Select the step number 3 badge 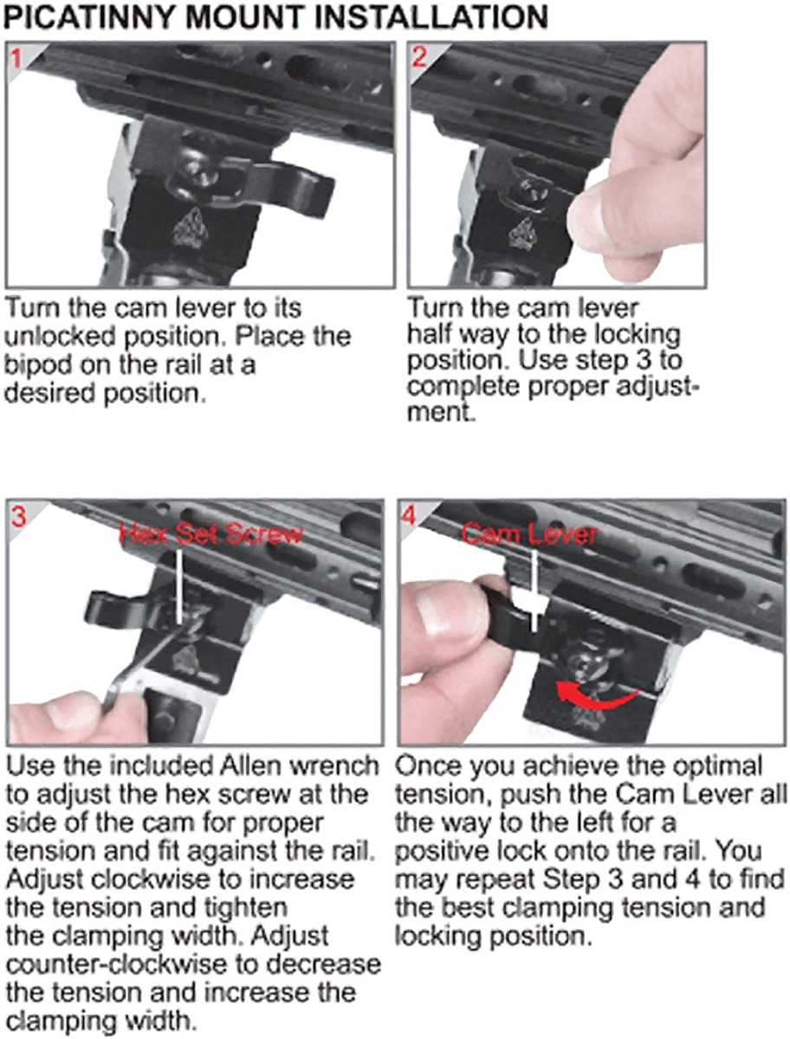pyautogui.click(x=16, y=517)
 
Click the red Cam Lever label pyautogui.click(x=528, y=533)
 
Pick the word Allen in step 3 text pyautogui.click(x=232, y=766)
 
